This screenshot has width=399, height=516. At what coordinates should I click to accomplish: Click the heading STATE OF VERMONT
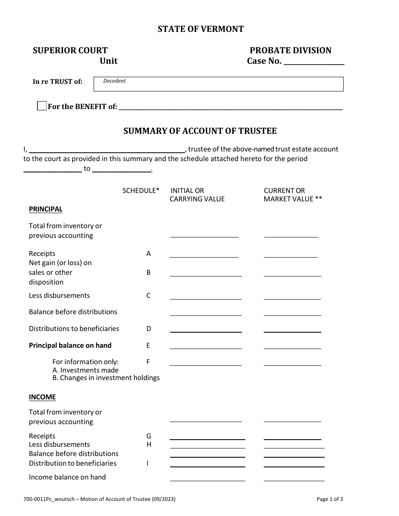pos(200,29)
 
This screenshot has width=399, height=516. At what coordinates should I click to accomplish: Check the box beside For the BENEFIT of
pos(42,106)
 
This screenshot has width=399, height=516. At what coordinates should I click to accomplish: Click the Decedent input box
pos(218,84)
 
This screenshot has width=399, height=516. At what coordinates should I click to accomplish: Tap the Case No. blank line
pos(314,62)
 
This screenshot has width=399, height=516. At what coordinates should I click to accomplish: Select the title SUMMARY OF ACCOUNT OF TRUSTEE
pos(200,131)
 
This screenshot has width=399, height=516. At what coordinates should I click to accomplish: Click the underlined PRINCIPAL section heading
pos(45,209)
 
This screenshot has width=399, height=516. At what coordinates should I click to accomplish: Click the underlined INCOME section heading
pos(42,397)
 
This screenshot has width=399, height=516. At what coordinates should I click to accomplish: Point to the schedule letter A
pos(148,253)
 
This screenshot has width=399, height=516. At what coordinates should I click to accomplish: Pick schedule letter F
pos(148,362)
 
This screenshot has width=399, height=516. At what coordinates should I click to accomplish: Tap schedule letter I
pos(148,463)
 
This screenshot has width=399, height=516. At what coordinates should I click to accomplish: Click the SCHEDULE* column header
pos(141,190)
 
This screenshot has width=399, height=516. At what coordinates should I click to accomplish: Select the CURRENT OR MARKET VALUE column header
pos(293,195)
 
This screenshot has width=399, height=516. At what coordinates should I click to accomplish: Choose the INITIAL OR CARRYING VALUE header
pos(197,195)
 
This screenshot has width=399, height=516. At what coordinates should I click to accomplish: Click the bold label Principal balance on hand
pos(70,345)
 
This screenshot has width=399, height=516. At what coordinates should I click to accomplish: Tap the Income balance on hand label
pos(67,477)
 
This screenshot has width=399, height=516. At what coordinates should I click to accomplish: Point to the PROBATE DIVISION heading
pos(291,50)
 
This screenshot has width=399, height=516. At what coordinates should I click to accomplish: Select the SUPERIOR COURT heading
pos(70,50)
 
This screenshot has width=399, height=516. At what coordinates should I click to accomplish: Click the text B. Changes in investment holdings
pos(106,378)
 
